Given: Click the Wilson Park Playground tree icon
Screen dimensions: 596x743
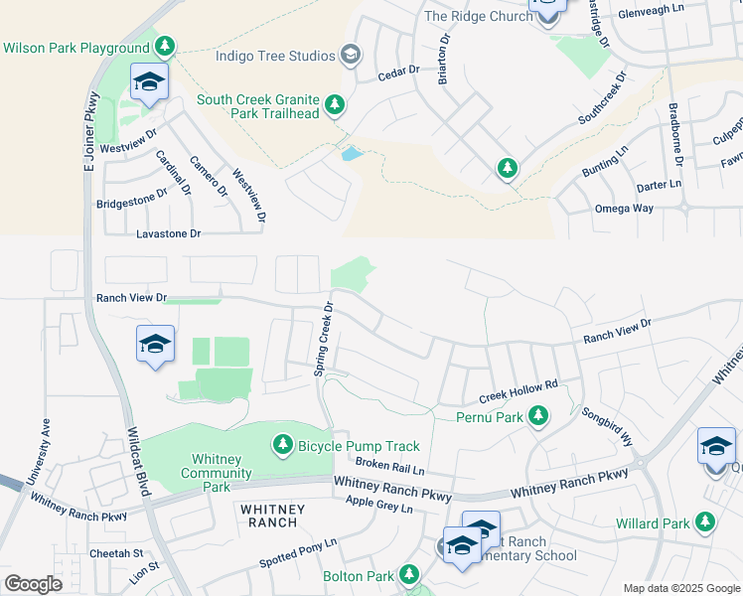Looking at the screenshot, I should [x=165, y=47].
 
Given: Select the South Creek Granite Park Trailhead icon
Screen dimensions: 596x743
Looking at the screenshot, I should [x=336, y=104].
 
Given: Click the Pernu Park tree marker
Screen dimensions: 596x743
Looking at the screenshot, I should [x=538, y=415].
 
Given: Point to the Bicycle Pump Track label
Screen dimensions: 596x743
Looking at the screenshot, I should [x=359, y=447].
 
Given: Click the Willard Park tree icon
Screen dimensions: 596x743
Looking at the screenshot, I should [x=705, y=521].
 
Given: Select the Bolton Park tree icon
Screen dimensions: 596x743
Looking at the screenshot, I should [x=408, y=574].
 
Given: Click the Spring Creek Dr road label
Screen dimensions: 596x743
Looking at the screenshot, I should [x=323, y=341].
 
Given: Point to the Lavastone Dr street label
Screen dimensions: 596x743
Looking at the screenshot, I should [x=168, y=233].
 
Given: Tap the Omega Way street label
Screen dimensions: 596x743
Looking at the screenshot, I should [x=623, y=209].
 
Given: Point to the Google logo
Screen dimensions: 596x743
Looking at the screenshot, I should [x=33, y=584].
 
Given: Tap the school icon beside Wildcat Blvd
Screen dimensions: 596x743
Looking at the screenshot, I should [x=156, y=345].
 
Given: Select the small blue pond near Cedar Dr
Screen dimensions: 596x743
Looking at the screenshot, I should [x=352, y=154].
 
